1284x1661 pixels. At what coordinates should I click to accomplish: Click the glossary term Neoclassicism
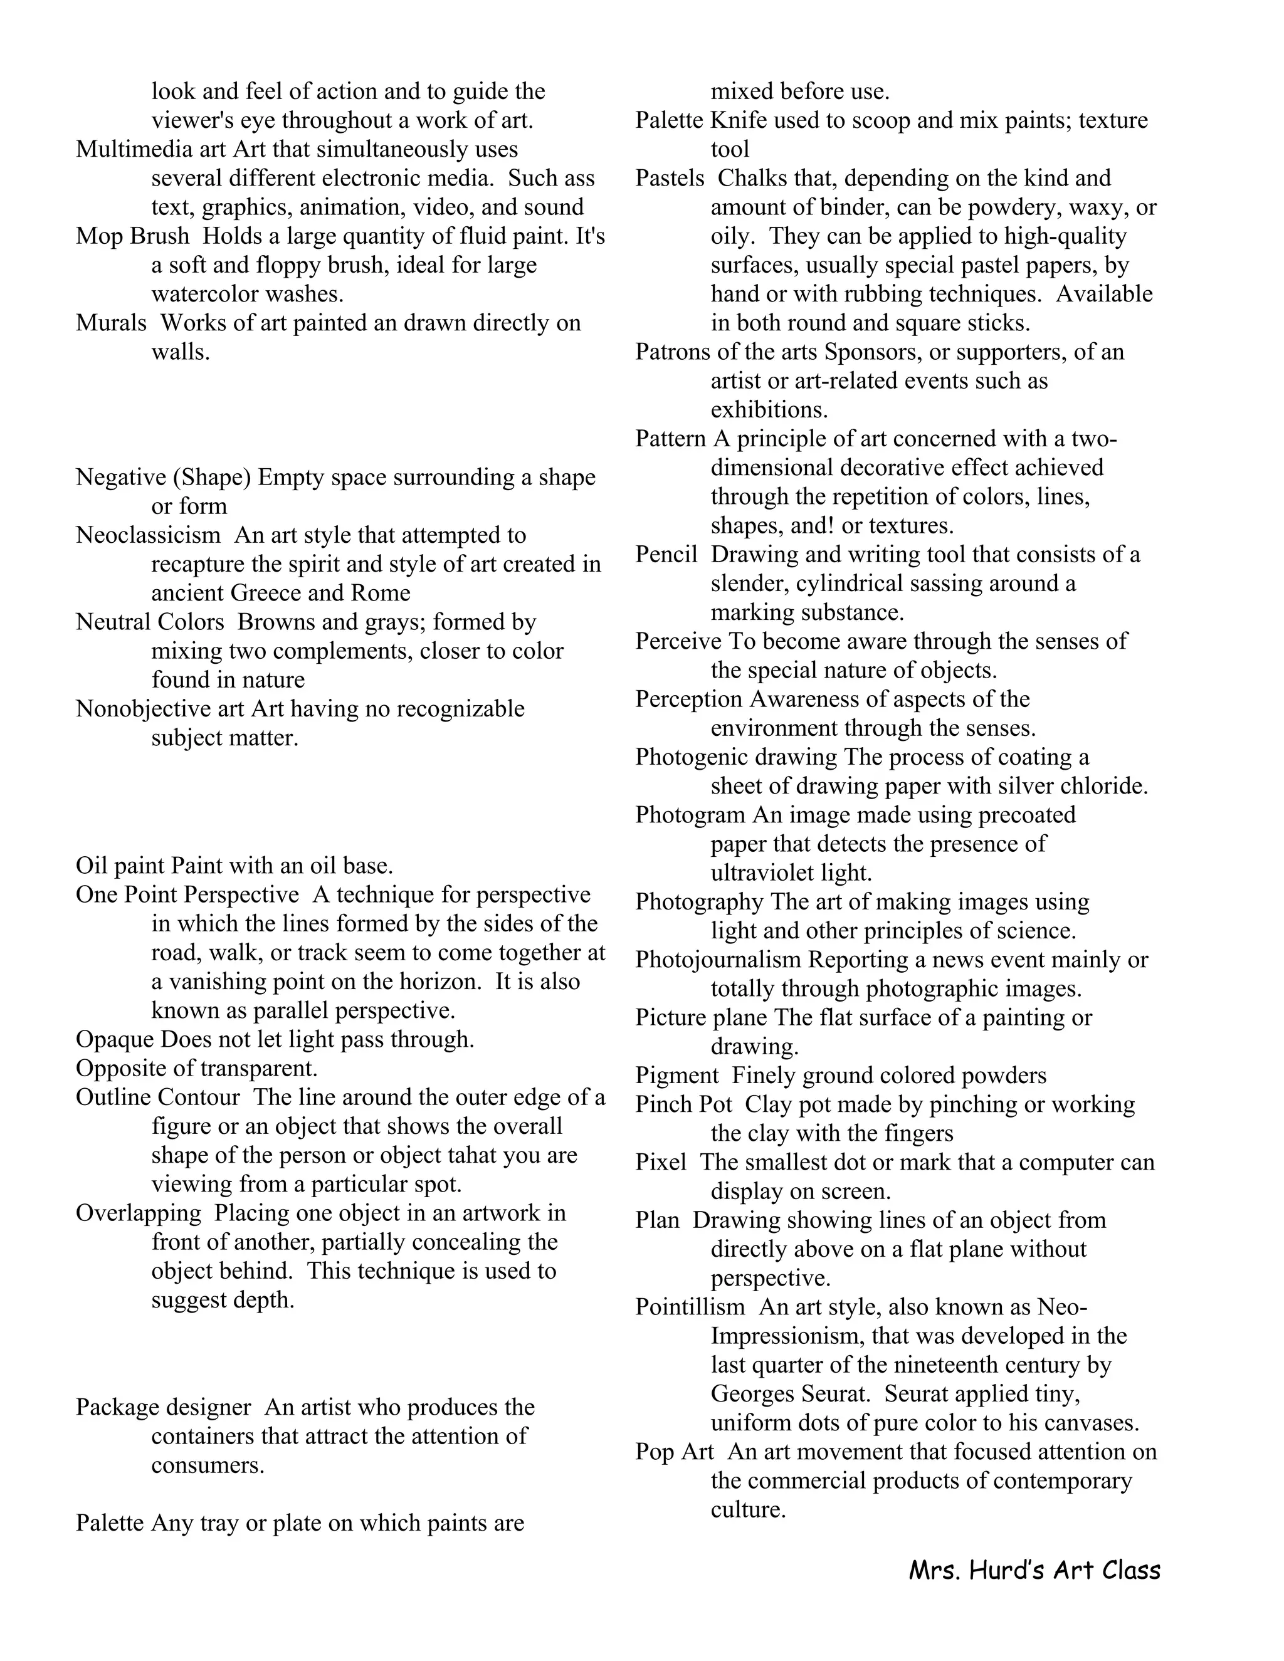(147, 535)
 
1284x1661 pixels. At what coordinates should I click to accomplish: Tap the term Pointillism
(690, 1307)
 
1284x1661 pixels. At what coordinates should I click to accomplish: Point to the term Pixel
(660, 1162)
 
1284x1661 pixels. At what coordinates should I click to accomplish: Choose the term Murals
(111, 323)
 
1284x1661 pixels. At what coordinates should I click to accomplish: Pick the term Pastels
(670, 179)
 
